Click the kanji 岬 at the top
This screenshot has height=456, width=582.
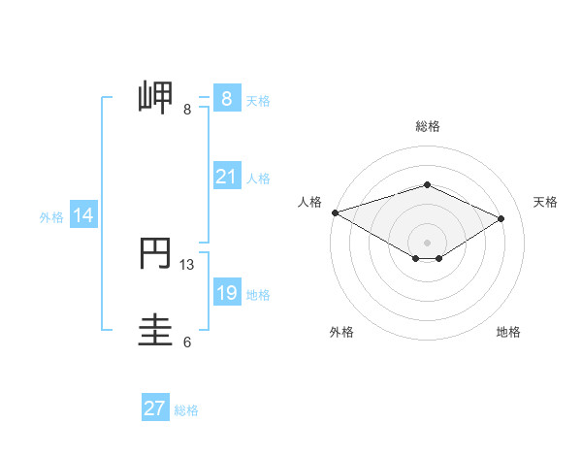pyautogui.click(x=158, y=98)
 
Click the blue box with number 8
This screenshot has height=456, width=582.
pyautogui.click(x=226, y=99)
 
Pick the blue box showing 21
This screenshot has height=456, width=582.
pyautogui.click(x=226, y=177)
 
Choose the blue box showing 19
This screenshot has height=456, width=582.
pyautogui.click(x=226, y=293)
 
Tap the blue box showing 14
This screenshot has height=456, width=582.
pyautogui.click(x=83, y=215)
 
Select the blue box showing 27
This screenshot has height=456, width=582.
pyautogui.click(x=155, y=408)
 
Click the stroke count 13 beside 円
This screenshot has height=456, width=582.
pyautogui.click(x=187, y=264)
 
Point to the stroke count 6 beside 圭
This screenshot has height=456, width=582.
pyautogui.click(x=187, y=342)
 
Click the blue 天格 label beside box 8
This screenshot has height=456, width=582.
pyautogui.click(x=258, y=100)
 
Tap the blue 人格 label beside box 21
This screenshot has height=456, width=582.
pyautogui.click(x=258, y=179)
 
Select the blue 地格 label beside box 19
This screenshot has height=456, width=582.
pyautogui.click(x=258, y=295)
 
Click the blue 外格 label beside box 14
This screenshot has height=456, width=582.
pyautogui.click(x=51, y=217)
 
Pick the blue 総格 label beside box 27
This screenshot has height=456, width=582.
pyautogui.click(x=186, y=410)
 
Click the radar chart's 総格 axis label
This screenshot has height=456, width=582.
pyautogui.click(x=427, y=126)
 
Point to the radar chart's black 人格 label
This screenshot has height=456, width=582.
pyautogui.click(x=309, y=202)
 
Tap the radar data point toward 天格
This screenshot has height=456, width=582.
pyautogui.click(x=501, y=219)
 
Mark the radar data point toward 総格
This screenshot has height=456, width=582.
pyautogui.click(x=427, y=184)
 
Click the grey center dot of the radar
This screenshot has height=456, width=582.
pyautogui.click(x=427, y=242)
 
